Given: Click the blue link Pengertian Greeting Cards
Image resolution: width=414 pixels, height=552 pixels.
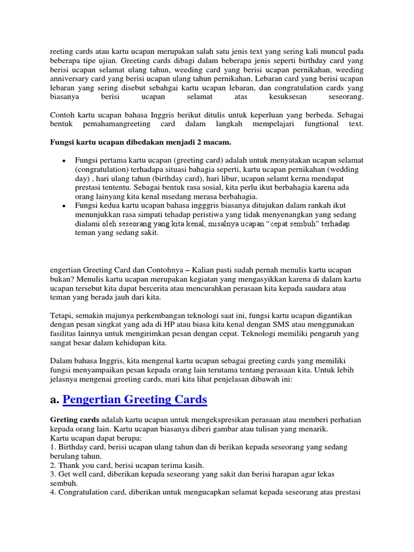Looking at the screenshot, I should pyautogui.click(x=135, y=399).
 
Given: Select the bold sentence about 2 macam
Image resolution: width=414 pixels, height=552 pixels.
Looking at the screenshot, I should pyautogui.click(x=140, y=142).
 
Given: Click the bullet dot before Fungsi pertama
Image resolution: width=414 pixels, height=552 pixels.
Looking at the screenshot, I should pyautogui.click(x=64, y=161).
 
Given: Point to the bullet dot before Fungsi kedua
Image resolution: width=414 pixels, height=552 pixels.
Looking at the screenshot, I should pyautogui.click(x=64, y=206).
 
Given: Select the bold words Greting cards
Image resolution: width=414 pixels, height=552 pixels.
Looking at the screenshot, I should pyautogui.click(x=74, y=419).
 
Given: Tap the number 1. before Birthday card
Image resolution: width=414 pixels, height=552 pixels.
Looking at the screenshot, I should pyautogui.click(x=53, y=447).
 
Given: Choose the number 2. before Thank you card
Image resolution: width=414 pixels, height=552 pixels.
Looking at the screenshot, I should pyautogui.click(x=53, y=465).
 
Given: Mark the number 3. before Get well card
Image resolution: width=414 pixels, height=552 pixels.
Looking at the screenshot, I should pyautogui.click(x=53, y=474).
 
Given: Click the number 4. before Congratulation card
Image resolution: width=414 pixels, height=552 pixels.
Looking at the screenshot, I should pyautogui.click(x=53, y=493).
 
